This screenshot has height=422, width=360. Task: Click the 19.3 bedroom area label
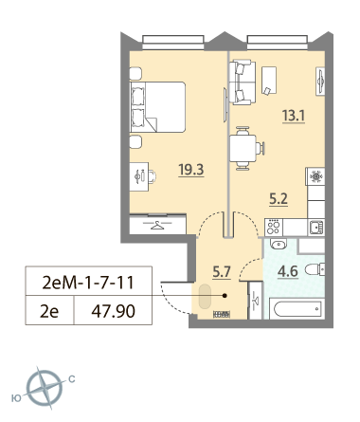pyautogui.click(x=191, y=170)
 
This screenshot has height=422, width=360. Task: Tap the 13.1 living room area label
pyautogui.click(x=294, y=116)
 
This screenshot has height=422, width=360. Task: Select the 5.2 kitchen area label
pyautogui.click(x=279, y=199)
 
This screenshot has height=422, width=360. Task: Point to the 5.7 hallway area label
pyautogui.click(x=222, y=272)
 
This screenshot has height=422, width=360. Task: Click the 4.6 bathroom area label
pyautogui.click(x=288, y=271)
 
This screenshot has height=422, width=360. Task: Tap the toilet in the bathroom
pyautogui.click(x=315, y=269)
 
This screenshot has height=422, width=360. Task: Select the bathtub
pyautogui.click(x=297, y=308)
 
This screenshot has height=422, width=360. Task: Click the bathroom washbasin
pyautogui.click(x=279, y=244)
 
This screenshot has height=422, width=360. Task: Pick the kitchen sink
pyautogui.click(x=315, y=228)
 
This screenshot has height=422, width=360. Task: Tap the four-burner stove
pyautogui.click(x=274, y=228)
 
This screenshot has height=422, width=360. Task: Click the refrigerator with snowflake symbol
pyautogui.click(x=315, y=176)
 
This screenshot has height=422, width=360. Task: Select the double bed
pyautogui.click(x=157, y=107)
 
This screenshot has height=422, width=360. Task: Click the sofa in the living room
pyautogui.click(x=243, y=83)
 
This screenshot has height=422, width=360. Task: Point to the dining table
pyautogui.click(x=243, y=148)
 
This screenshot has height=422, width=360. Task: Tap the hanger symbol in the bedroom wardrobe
pyautogui.click(x=157, y=225)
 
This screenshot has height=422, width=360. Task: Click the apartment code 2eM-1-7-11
pyautogui.click(x=88, y=283)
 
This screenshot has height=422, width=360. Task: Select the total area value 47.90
pyautogui.click(x=113, y=311)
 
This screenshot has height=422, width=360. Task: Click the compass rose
pyautogui.click(x=45, y=388)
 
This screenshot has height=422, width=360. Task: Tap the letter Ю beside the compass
pyautogui.click(x=16, y=398)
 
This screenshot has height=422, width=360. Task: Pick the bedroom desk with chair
pyautogui.click(x=143, y=176)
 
